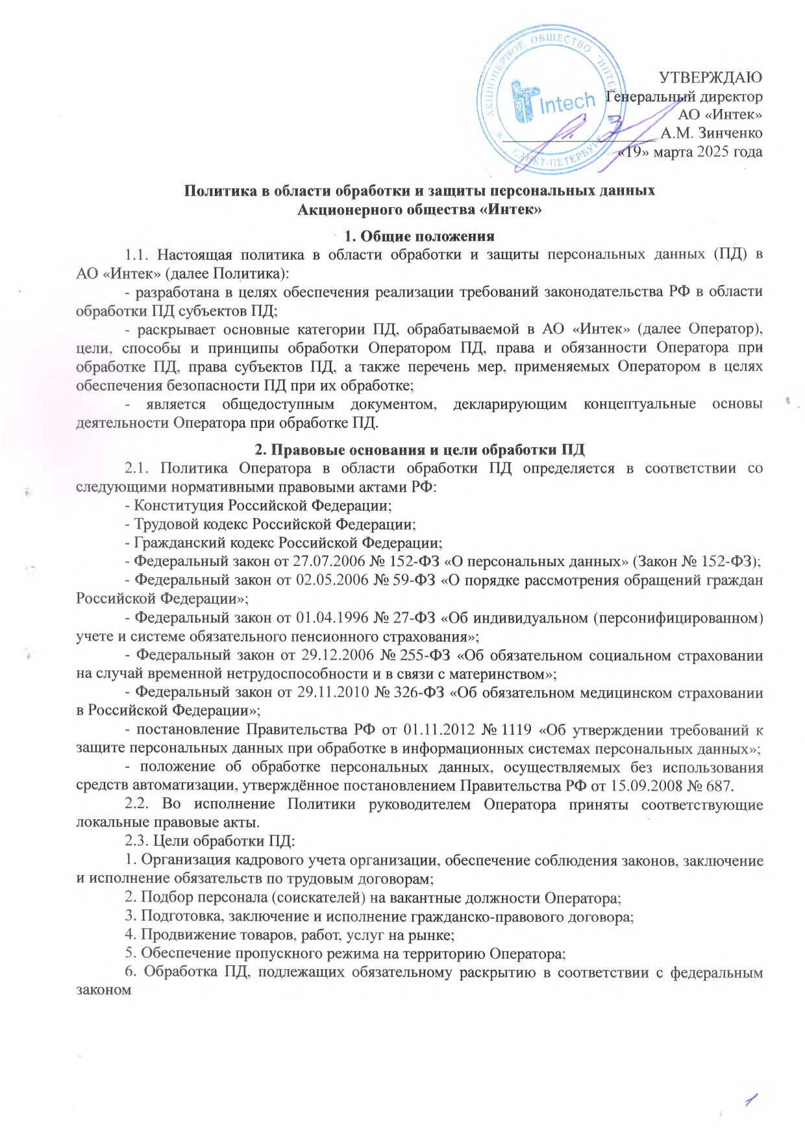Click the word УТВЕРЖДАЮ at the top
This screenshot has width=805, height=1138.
point(711,78)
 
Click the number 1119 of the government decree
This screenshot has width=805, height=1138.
point(517,730)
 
